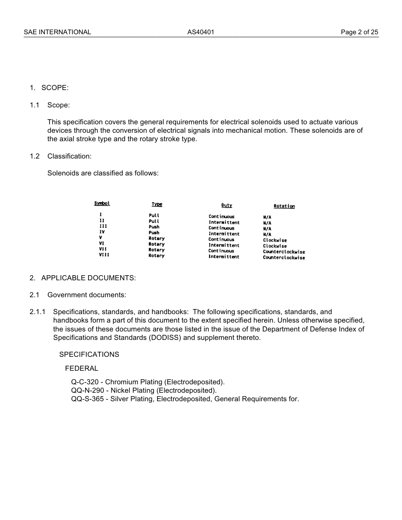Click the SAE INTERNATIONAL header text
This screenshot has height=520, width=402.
pos(57,32)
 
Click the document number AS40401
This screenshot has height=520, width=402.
pos(201,32)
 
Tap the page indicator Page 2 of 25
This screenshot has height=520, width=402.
pos(359,32)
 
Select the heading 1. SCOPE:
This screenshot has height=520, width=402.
pos(49,88)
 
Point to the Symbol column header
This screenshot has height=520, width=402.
pos(102,203)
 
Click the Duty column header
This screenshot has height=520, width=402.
pos(227,205)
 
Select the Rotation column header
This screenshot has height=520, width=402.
pos(284,206)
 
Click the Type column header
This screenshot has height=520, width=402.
pos(157,204)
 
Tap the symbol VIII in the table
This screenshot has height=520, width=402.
pos(104,255)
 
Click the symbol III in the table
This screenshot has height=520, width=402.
pos(103,226)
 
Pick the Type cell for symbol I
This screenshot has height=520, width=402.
pos(154,215)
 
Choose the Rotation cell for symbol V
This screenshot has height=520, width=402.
pos(275,240)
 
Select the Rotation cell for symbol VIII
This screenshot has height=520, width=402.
pos(284,257)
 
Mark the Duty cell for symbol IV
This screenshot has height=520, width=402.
pos(224,234)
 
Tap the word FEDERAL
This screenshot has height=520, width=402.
pos(82,368)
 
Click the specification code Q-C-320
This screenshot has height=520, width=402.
pos(85,382)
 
